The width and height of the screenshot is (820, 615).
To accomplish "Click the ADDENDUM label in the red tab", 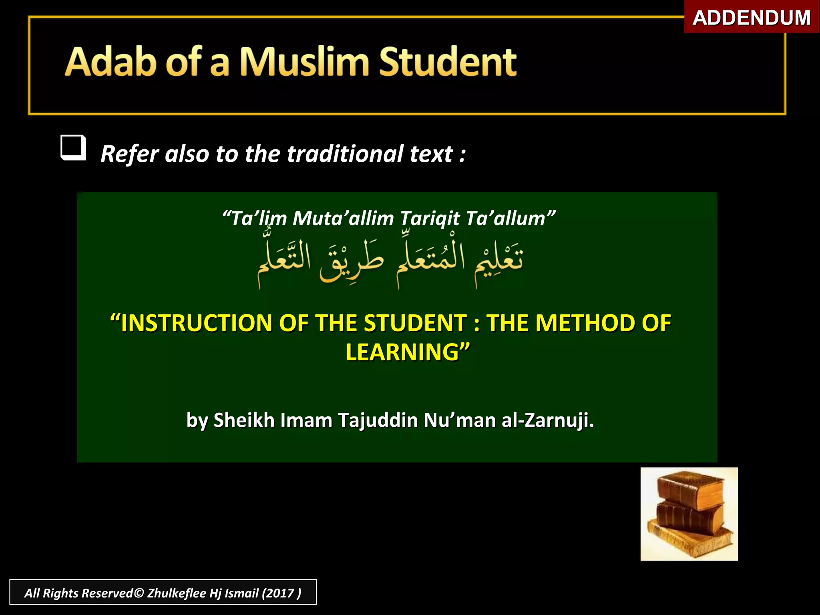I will click(x=752, y=18).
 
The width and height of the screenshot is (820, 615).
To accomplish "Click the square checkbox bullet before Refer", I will click(x=73, y=148).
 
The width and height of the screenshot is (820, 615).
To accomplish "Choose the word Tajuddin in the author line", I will click(x=378, y=420).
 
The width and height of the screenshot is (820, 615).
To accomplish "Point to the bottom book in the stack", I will click(x=690, y=541).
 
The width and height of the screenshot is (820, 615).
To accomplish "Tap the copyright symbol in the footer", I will click(x=139, y=593).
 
